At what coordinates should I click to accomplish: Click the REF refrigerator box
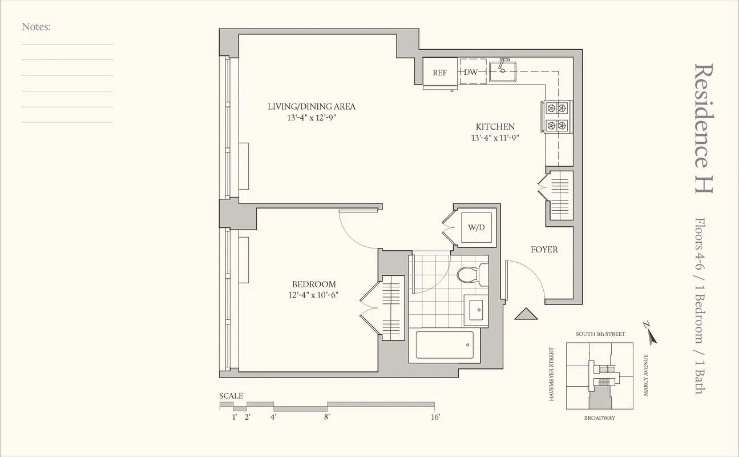click(439, 73)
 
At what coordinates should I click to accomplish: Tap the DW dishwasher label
click(471, 73)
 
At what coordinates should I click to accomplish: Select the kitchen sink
click(503, 71)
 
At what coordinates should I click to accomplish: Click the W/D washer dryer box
click(476, 228)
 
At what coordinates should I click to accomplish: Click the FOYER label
click(544, 250)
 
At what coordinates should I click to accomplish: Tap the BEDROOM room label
click(314, 284)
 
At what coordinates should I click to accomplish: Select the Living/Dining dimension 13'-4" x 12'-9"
click(312, 117)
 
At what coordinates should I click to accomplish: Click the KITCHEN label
click(495, 127)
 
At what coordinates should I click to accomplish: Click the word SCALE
click(231, 396)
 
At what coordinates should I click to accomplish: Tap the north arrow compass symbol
click(650, 332)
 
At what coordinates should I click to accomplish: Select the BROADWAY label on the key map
click(599, 418)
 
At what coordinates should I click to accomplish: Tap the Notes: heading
click(36, 26)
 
